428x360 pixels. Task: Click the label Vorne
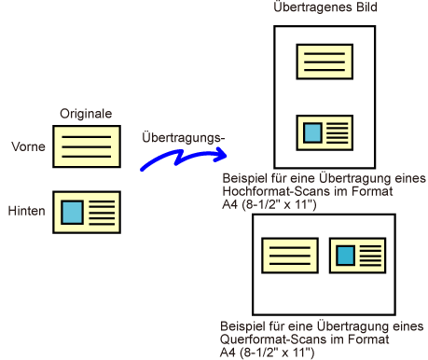click(x=28, y=146)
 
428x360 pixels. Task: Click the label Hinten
click(x=26, y=211)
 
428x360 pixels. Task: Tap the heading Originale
click(x=86, y=114)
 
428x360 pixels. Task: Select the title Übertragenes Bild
click(x=325, y=7)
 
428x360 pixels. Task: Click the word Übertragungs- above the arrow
click(x=183, y=137)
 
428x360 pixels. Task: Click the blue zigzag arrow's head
click(x=221, y=154)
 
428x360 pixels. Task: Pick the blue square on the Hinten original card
click(x=72, y=213)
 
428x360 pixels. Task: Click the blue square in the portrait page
click(x=312, y=132)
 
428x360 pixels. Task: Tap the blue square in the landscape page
click(x=345, y=256)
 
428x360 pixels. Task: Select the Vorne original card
click(x=87, y=146)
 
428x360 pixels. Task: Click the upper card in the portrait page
click(x=324, y=62)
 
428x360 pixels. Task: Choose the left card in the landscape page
click(x=290, y=256)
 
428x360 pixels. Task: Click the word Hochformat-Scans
click(x=277, y=191)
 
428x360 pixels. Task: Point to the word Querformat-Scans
click(x=273, y=339)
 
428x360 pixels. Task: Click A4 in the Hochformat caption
click(x=230, y=204)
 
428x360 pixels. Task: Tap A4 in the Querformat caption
click(x=228, y=353)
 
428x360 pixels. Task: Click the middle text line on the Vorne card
click(x=87, y=146)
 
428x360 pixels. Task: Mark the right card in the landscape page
click(x=357, y=256)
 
